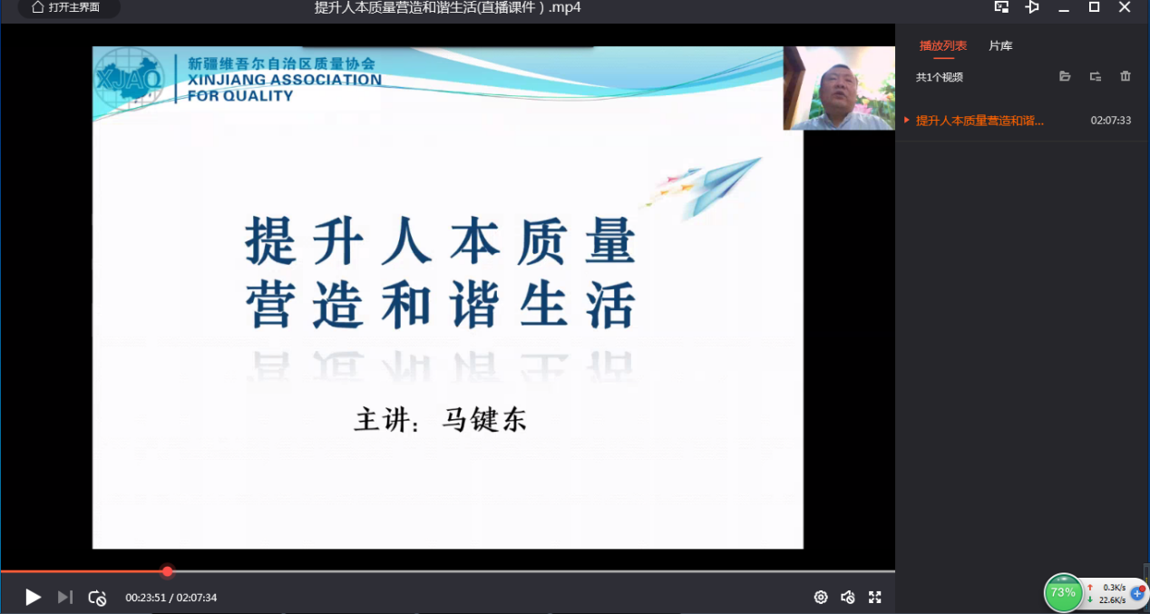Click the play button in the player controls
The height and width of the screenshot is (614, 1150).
pyautogui.click(x=34, y=597)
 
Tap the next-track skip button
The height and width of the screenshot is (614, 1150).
pyautogui.click(x=65, y=597)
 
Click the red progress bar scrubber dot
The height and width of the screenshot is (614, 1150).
pyautogui.click(x=168, y=571)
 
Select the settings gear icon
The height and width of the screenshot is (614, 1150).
pyautogui.click(x=821, y=597)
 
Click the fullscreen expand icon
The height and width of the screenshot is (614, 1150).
pyautogui.click(x=875, y=597)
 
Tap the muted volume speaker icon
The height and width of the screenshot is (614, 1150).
pyautogui.click(x=848, y=597)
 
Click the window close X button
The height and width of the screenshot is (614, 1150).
pyautogui.click(x=1125, y=7)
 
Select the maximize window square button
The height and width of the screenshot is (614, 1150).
pyautogui.click(x=1094, y=7)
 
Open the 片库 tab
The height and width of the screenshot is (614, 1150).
pyautogui.click(x=1000, y=45)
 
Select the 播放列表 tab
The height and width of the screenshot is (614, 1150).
pyautogui.click(x=942, y=45)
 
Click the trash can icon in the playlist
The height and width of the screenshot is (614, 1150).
pyautogui.click(x=1126, y=76)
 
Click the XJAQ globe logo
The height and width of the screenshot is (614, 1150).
pyautogui.click(x=130, y=79)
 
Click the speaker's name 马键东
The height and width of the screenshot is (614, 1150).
pyautogui.click(x=484, y=419)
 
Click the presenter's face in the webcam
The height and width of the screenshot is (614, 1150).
pyautogui.click(x=838, y=88)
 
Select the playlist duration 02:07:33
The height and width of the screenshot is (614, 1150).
pyautogui.click(x=1110, y=120)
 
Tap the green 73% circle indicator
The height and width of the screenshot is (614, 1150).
pyautogui.click(x=1063, y=592)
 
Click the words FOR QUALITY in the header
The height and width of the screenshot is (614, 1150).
pyautogui.click(x=239, y=96)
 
